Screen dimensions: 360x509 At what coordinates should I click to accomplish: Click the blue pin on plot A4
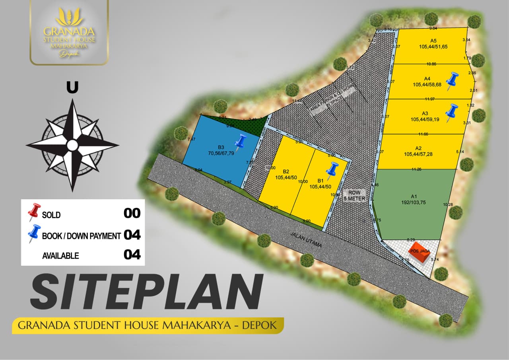point(452,80)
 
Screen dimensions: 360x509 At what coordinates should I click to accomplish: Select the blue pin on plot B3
point(241,142)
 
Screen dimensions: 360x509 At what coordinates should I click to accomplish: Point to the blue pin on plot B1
point(332,169)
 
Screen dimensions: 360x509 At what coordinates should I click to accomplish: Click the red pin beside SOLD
point(34,212)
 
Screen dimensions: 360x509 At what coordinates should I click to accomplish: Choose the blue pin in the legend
point(34,233)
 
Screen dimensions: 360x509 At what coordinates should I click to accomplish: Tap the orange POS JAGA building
point(420,252)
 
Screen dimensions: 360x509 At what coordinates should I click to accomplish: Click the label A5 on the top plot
point(433,41)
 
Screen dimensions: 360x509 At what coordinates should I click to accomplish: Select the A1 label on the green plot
point(414,196)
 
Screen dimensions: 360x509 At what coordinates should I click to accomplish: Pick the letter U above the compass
point(72,88)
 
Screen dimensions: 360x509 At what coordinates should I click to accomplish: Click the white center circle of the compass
point(72,145)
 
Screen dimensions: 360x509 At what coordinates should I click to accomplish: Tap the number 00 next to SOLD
point(132,214)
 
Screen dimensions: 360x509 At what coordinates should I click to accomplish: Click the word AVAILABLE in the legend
point(60,256)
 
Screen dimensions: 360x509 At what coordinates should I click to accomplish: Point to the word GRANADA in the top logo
point(69,31)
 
